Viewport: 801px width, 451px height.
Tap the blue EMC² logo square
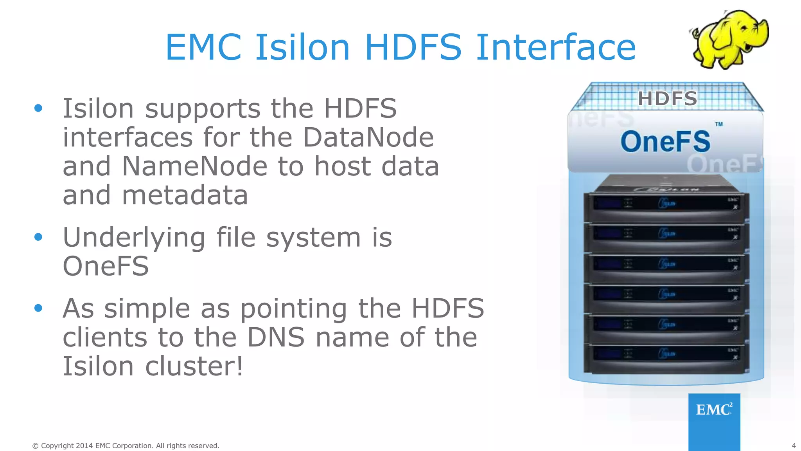[x=714, y=421]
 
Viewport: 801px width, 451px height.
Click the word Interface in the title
[x=556, y=47]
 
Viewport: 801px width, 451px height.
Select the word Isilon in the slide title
[x=302, y=47]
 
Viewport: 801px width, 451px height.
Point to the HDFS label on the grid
[x=668, y=98]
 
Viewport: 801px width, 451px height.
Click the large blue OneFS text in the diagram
[x=665, y=142]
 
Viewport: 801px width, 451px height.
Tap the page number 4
[x=794, y=446]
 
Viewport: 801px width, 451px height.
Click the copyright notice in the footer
[x=126, y=446]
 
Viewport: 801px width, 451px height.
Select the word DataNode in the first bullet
[x=368, y=137]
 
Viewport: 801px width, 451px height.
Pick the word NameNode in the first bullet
[x=194, y=166]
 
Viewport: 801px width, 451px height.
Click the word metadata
[x=185, y=195]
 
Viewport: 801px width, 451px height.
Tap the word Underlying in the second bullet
[x=134, y=238]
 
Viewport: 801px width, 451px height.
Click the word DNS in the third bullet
[x=276, y=337]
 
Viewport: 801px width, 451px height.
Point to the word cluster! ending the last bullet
[x=194, y=366]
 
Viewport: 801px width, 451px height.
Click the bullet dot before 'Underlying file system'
[x=38, y=237]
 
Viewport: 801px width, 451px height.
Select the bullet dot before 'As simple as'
[x=38, y=308]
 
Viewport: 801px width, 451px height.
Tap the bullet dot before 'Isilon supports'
[x=38, y=108]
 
